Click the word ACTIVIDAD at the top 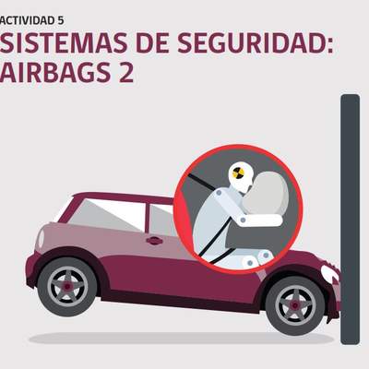point(27,20)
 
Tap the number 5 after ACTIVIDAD point(60,20)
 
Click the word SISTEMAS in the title point(64,42)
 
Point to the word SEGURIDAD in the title point(252,42)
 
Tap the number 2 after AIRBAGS point(126,72)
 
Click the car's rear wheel point(67,287)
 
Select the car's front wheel point(295,305)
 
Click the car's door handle point(154,241)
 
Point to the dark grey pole point(350,220)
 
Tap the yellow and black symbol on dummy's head point(238,173)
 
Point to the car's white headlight point(329,273)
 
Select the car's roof point(123,197)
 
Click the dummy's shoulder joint point(219,194)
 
